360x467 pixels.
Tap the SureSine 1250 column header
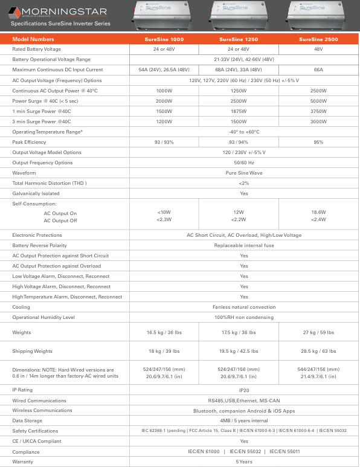(x=243, y=39)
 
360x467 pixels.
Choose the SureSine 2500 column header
(x=318, y=39)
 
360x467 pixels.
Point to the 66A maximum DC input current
(x=318, y=70)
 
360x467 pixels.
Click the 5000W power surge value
(x=318, y=101)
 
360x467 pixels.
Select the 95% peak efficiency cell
(x=318, y=142)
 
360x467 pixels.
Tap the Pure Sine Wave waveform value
(x=243, y=173)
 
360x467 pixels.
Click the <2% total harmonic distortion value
(x=243, y=183)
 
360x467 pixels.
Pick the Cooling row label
(x=22, y=307)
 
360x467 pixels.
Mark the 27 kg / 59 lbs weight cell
(x=318, y=333)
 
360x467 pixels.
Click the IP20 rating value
(x=243, y=390)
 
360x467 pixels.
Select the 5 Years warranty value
(x=243, y=462)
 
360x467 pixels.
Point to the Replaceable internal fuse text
(x=243, y=245)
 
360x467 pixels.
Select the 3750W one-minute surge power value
(x=318, y=111)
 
